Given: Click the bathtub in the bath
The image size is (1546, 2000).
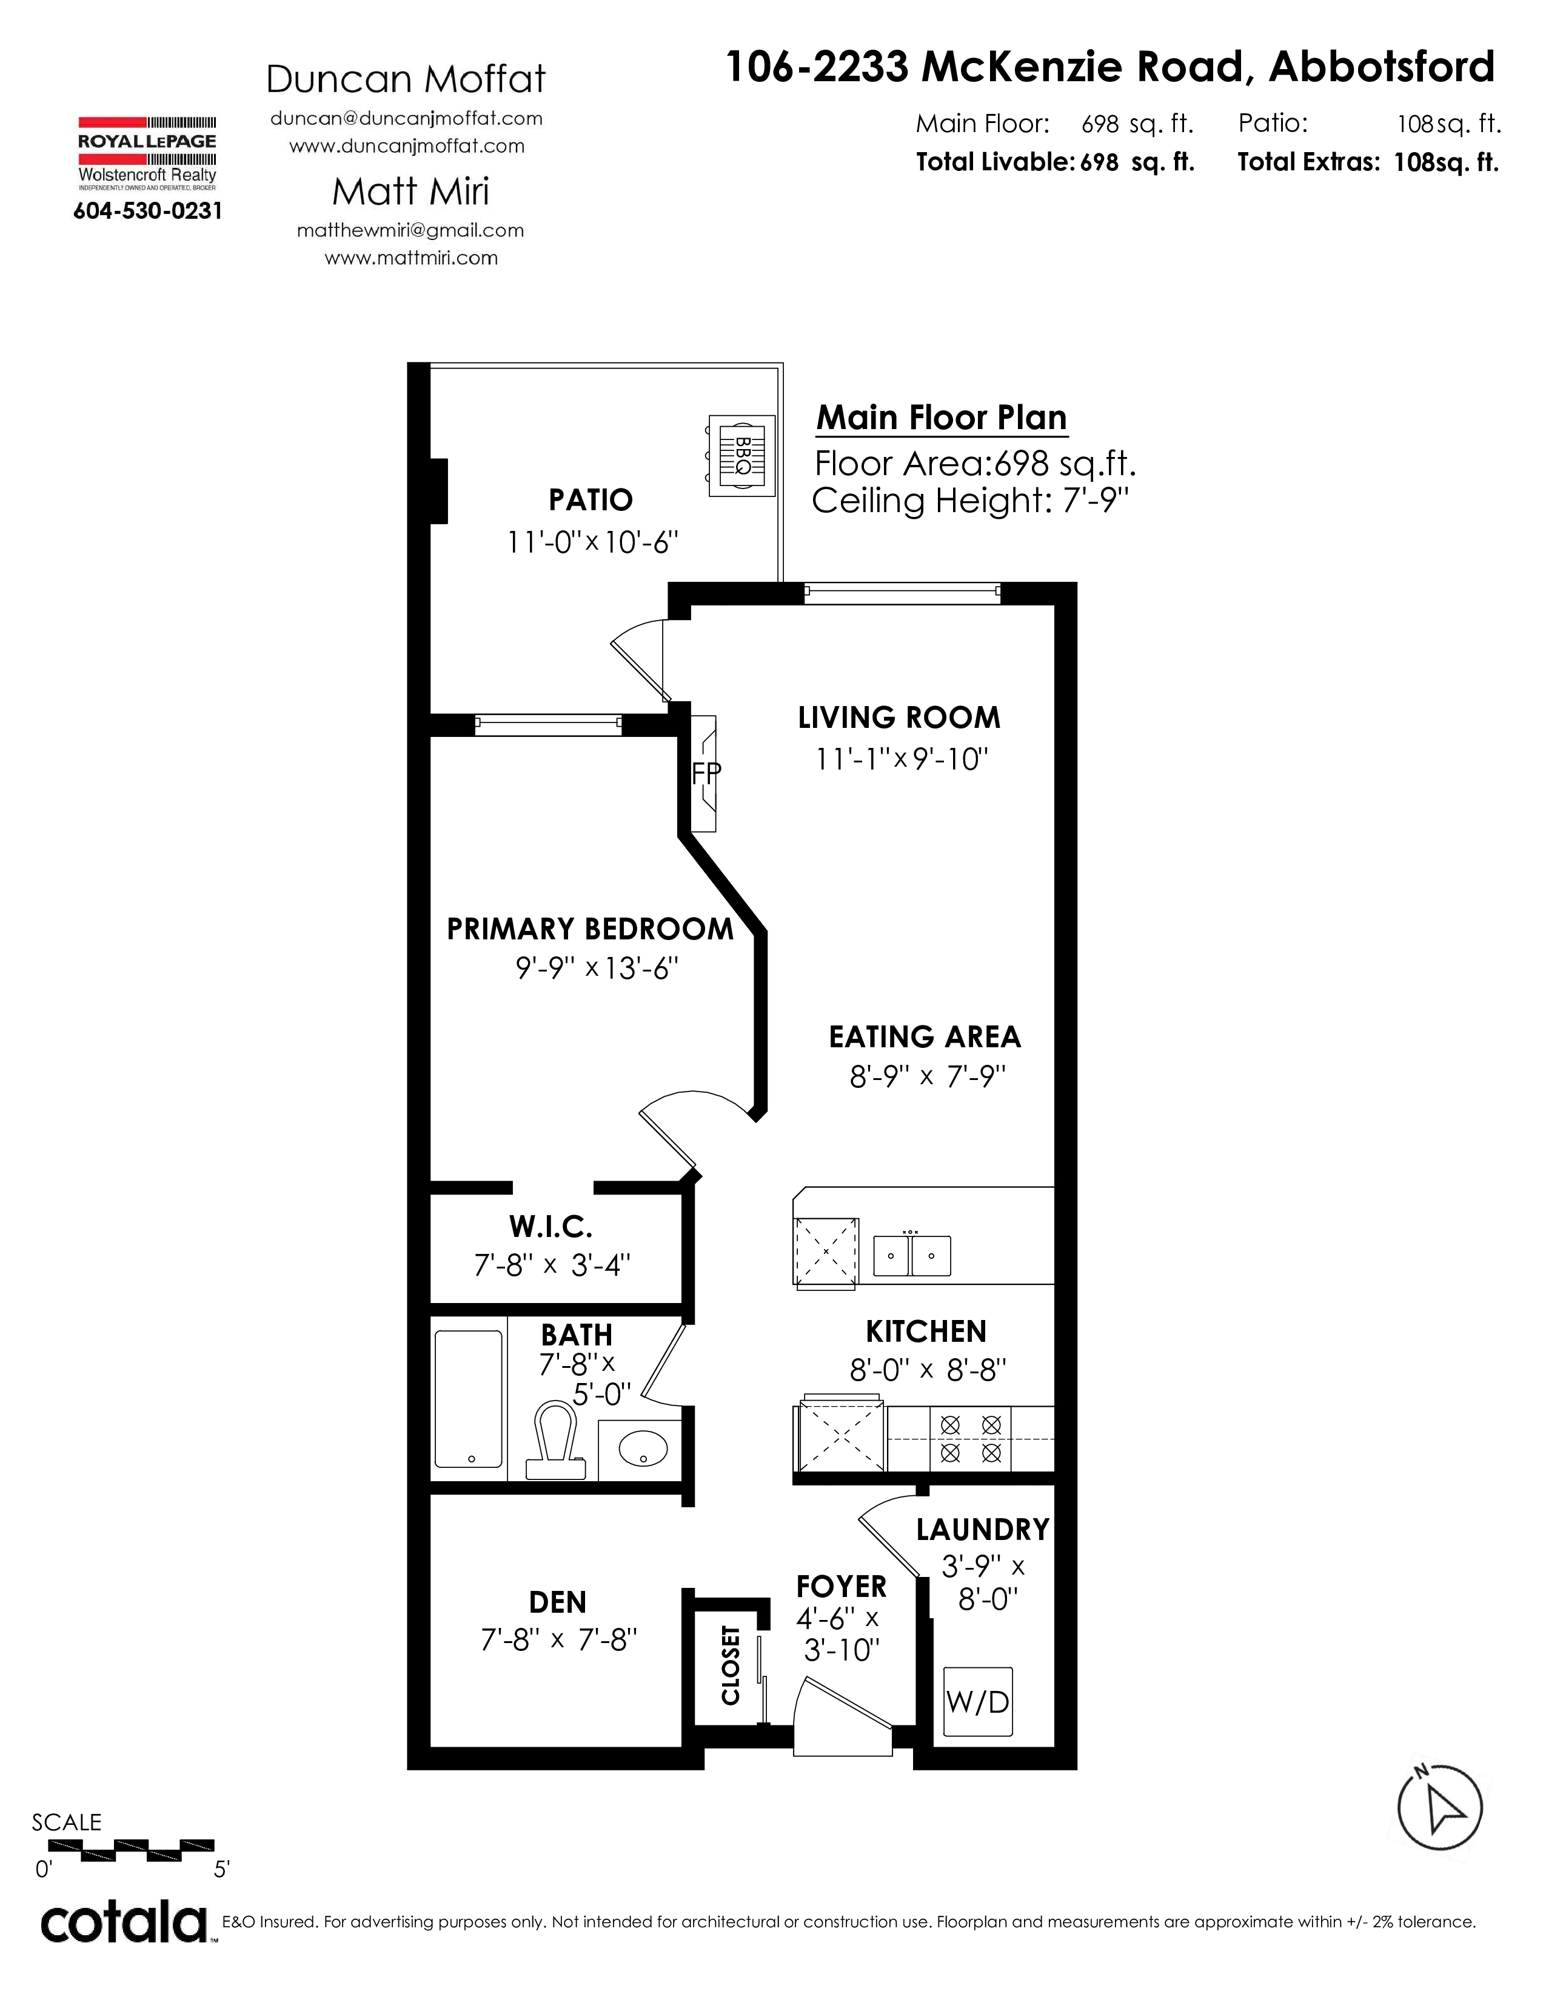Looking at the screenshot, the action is (468, 1399).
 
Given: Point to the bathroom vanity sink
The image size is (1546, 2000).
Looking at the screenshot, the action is (643, 1448).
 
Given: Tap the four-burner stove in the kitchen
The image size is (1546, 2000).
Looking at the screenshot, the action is (971, 1439).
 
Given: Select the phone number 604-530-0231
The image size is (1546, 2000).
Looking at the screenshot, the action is (147, 212).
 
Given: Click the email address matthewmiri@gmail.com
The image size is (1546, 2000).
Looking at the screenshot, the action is (410, 231).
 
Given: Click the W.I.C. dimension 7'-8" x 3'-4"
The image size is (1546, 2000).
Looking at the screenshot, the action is (552, 1265).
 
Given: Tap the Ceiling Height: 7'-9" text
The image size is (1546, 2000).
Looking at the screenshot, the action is (970, 501).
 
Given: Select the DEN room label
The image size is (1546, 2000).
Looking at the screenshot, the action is (558, 1602).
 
